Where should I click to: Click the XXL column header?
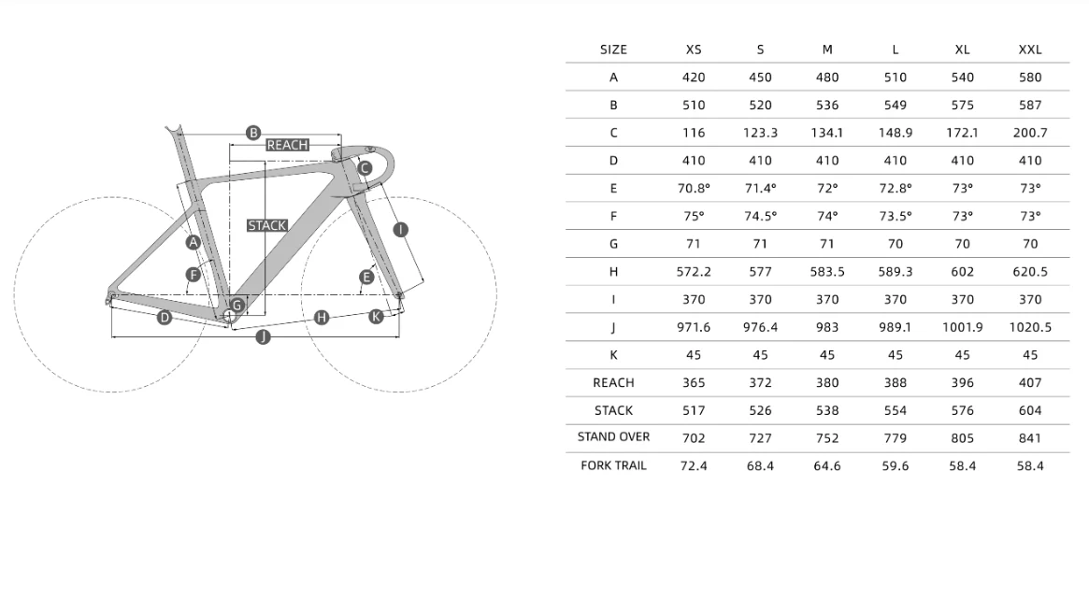[x=1030, y=50]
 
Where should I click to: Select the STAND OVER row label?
[x=613, y=436]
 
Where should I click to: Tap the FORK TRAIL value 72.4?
[x=693, y=466]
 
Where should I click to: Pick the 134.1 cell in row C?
[x=827, y=133]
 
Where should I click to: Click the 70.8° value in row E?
[x=693, y=188]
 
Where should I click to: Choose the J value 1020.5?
[x=1030, y=327]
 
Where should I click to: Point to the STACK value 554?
[x=896, y=410]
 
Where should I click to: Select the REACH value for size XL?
[x=962, y=382]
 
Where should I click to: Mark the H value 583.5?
[x=827, y=271]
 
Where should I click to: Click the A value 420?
[x=693, y=77]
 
